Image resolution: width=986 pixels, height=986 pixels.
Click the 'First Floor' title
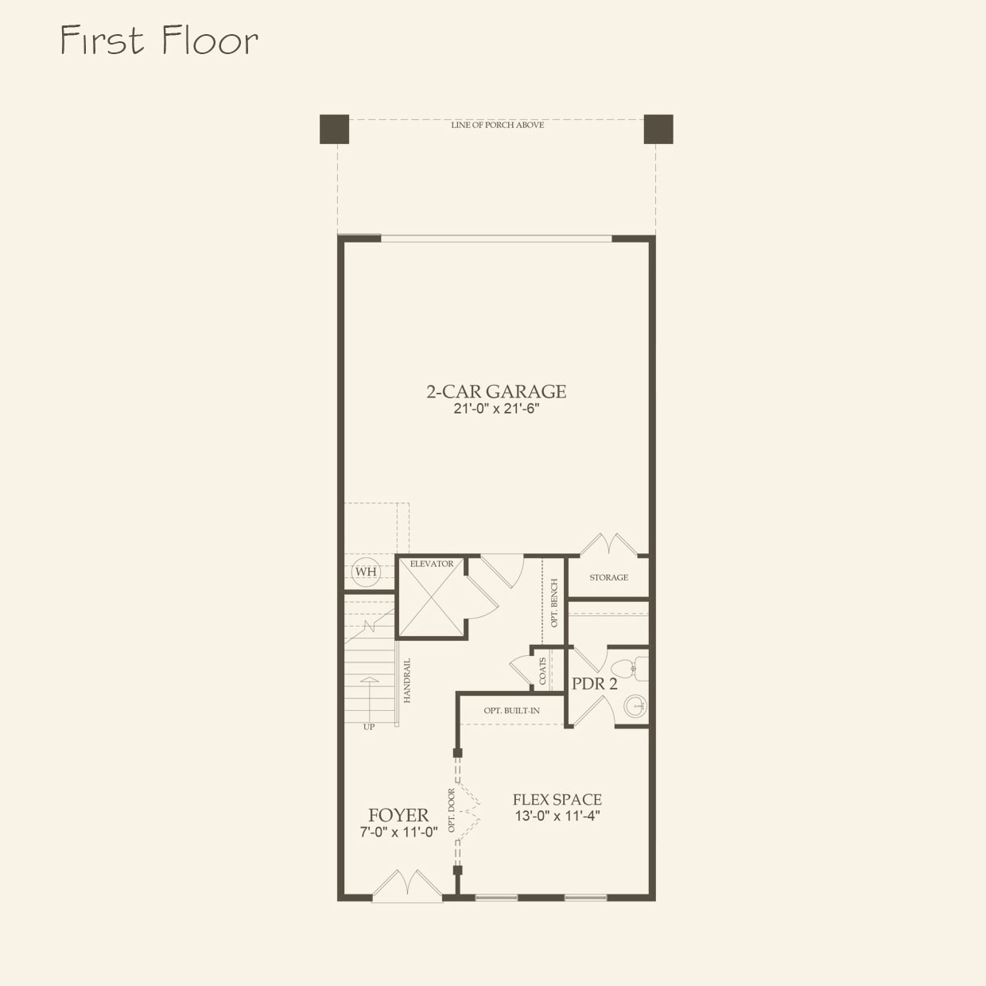pos(159,41)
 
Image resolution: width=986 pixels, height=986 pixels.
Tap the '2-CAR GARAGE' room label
pos(496,391)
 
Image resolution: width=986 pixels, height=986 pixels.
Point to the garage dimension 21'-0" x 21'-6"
pos(496,410)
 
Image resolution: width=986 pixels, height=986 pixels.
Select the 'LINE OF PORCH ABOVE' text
pos(498,125)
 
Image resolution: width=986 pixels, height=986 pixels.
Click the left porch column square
pos(334,129)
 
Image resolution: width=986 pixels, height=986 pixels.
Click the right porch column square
pos(658,129)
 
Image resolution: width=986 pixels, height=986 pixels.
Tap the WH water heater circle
pos(366,572)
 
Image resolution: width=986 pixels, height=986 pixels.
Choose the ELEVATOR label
pos(432,564)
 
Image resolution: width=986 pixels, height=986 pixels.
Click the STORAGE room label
pos(608,577)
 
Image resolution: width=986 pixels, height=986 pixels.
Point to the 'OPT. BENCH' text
pos(554,603)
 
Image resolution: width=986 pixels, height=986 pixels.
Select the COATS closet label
pos(543,670)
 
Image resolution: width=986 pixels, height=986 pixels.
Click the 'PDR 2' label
pos(594,684)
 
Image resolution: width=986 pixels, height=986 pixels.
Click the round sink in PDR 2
pos(635,705)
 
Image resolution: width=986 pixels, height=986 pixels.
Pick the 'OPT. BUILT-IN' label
pos(511,710)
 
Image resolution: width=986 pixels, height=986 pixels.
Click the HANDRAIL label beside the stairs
pos(407,680)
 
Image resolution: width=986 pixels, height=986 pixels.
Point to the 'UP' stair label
pos(369,727)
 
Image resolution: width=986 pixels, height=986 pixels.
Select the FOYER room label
pos(398,815)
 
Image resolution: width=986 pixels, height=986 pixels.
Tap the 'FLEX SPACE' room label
pos(557,799)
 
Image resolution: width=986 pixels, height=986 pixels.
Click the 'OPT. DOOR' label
pos(451,810)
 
